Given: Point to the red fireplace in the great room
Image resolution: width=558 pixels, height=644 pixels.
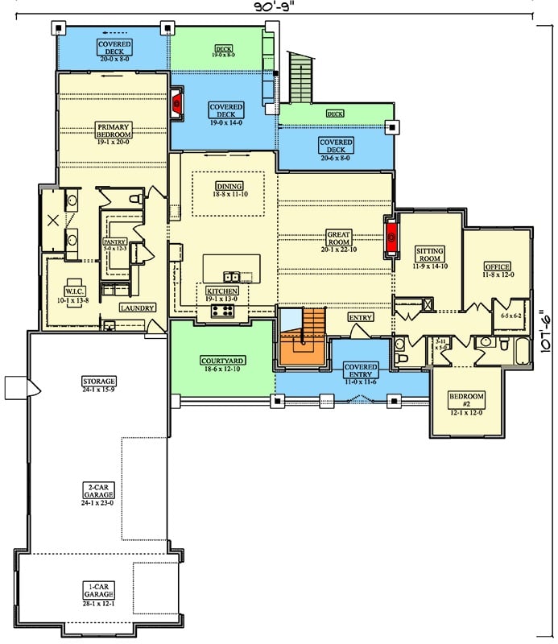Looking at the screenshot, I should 392,237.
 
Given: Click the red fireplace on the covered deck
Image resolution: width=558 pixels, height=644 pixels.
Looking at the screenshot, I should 177,102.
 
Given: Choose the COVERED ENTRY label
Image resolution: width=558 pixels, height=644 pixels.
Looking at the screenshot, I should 361,371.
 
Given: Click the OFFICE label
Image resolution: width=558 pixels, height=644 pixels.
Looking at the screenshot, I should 497,270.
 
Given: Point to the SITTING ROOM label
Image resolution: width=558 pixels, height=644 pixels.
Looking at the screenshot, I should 429,255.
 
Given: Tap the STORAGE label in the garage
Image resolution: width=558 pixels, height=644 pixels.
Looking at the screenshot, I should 99,384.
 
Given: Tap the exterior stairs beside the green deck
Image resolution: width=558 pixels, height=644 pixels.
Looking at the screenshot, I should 300,74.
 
